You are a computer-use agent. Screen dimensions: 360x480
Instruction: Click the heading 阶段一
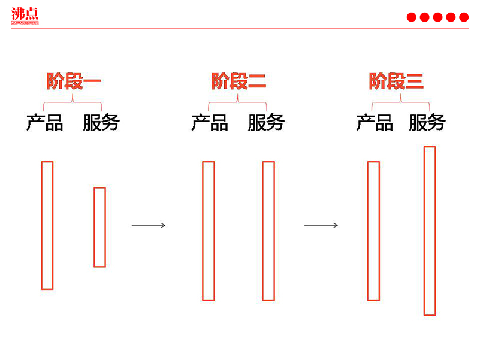point(74,81)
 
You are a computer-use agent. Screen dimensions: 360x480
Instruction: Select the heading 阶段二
point(239,81)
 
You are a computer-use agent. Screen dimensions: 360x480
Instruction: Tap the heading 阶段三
point(396,81)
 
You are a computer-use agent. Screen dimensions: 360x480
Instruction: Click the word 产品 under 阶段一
point(45,123)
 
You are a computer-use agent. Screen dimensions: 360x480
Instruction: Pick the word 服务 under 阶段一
point(101,123)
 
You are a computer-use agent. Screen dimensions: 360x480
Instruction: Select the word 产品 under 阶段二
point(210,123)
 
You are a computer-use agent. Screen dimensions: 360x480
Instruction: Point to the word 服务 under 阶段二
point(266,123)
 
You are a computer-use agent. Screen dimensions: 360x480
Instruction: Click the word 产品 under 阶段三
point(375,123)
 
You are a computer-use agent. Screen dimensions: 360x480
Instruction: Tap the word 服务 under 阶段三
point(427,123)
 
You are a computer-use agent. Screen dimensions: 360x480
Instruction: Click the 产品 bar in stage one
point(47,225)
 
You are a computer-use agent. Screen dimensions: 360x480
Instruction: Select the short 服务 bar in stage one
point(99,227)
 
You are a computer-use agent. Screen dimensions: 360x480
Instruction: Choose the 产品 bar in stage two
point(208,231)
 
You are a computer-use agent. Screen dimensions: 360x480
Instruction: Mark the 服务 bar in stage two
point(268,231)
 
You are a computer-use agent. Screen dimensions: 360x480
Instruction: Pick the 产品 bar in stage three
point(373,231)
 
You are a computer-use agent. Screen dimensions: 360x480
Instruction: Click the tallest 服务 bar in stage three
point(429,231)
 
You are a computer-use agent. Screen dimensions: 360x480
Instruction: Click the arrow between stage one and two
point(148,225)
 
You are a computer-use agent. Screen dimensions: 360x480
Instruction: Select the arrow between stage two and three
point(321,225)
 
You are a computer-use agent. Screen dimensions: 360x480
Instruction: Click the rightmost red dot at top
point(464,17)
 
